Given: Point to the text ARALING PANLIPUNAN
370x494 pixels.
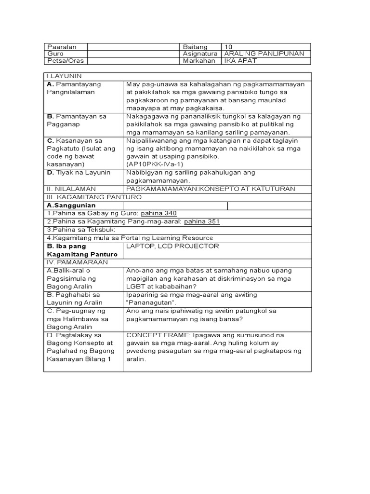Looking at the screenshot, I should [x=264, y=54].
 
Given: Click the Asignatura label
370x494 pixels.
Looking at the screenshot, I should [x=201, y=54].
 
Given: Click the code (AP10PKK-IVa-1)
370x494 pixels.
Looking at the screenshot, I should [x=155, y=165].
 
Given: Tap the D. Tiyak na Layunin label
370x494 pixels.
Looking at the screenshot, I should [x=79, y=172].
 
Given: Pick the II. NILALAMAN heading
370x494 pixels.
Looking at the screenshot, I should [x=71, y=189].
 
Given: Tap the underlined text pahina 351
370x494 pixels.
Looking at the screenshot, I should [x=203, y=221].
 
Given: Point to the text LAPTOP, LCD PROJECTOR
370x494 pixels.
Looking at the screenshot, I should [x=172, y=246].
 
